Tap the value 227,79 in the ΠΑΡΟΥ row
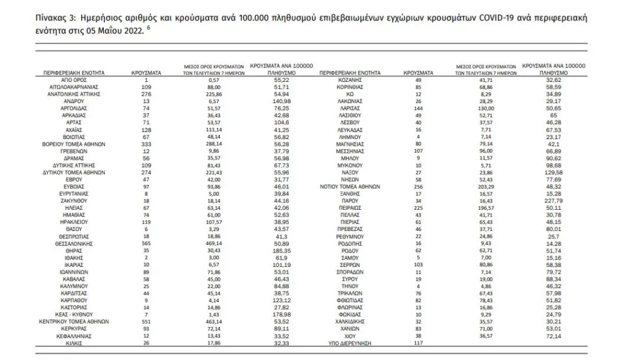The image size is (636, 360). coord(553,200)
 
